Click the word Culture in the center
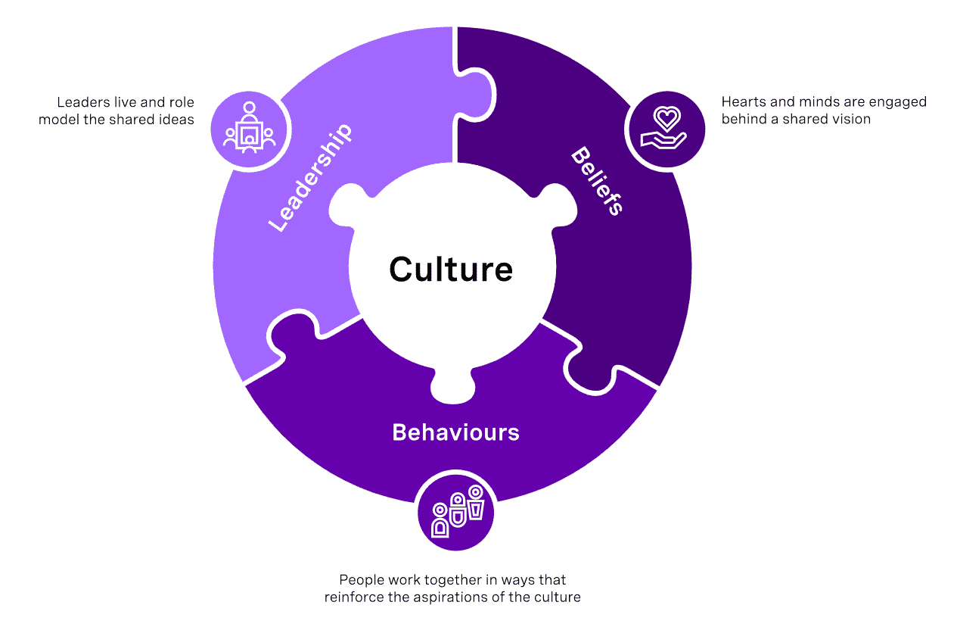point(451,270)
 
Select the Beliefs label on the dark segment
point(597,180)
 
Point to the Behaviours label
point(455,432)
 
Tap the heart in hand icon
point(665,129)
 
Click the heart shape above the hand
point(666,118)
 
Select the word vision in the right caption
point(852,119)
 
